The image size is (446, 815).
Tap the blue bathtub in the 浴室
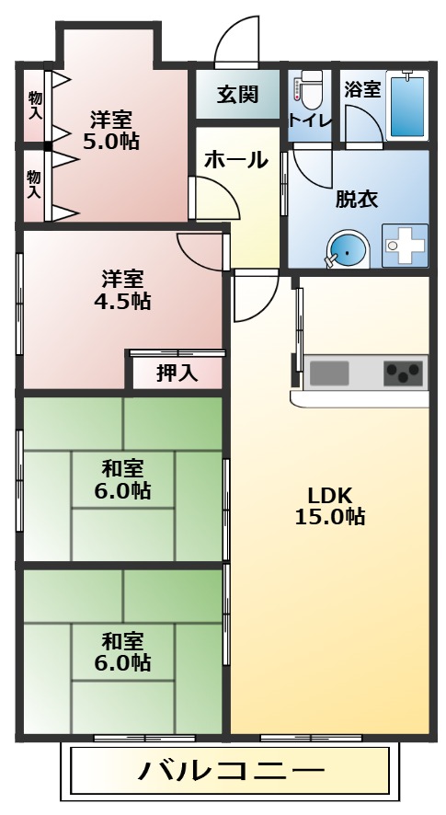point(407,106)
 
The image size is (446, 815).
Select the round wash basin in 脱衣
point(348,250)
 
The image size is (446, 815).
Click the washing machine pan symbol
point(405,246)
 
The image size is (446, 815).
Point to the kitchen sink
point(329,373)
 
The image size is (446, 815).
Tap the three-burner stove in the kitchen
point(403,373)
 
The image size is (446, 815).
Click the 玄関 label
point(237,95)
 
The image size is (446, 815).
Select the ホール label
point(236,160)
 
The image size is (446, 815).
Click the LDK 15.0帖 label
point(329,506)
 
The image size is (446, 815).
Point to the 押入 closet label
point(177,373)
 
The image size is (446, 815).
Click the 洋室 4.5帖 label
point(121,290)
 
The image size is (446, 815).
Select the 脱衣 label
point(356,199)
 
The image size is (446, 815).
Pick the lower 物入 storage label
point(34,185)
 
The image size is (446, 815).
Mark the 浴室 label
point(362,89)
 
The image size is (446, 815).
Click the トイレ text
point(310,121)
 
